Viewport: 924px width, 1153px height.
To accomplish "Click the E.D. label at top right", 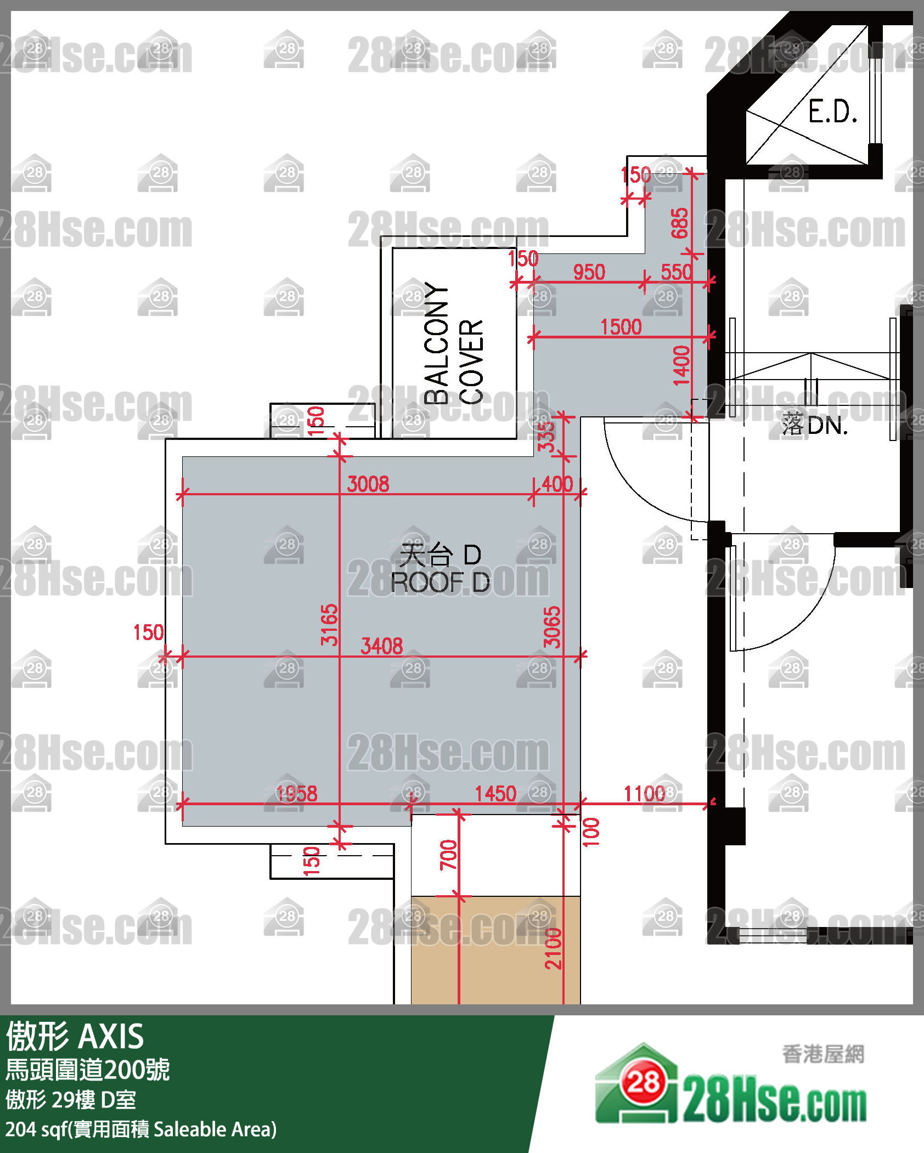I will click(832, 112).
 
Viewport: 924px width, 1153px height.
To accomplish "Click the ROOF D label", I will click(440, 582).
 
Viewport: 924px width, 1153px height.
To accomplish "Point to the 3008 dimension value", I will click(368, 484).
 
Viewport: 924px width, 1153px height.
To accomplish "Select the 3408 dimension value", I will click(382, 646).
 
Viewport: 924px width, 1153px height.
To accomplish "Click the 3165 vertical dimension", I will click(329, 625).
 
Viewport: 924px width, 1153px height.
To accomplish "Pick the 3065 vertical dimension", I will click(552, 627).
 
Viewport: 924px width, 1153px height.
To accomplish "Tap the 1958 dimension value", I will click(296, 794).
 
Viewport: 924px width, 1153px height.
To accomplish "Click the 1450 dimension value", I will click(495, 794).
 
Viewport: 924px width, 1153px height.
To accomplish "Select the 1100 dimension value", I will click(645, 794).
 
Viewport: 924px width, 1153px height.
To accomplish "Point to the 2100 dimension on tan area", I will click(553, 948).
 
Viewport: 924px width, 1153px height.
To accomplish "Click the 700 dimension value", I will click(448, 855).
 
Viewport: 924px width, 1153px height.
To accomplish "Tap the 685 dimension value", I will click(679, 223).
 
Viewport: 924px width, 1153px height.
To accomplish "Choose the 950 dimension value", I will click(589, 272).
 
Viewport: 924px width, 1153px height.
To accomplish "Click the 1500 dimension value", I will click(621, 327).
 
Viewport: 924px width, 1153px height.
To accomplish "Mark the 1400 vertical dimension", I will click(681, 366).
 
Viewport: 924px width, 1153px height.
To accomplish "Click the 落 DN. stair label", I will click(815, 425).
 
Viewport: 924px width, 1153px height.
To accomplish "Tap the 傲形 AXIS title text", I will click(75, 1037).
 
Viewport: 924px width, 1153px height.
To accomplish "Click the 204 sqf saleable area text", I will click(141, 1129).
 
